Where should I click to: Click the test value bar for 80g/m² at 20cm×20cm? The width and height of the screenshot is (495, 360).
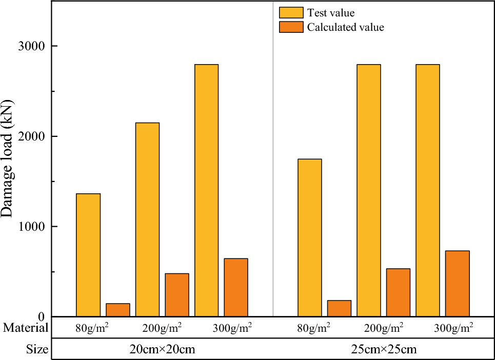point(88,255)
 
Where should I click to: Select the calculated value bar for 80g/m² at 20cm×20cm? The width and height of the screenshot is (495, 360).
point(117,310)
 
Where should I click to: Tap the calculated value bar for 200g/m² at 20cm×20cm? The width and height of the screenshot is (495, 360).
point(177,295)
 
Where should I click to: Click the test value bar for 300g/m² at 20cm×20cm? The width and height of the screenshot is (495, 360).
point(206,190)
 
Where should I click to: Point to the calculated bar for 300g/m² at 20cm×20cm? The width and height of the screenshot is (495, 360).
point(236,287)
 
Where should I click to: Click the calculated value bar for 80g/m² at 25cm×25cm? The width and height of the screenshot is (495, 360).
point(339,308)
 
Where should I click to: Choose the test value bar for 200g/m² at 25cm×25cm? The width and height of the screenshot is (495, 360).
point(369,190)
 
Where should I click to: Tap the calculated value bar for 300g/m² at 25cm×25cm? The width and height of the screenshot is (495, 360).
point(457,284)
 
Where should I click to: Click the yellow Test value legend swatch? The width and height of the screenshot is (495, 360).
point(291,13)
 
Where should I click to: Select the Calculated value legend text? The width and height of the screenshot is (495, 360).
point(345,27)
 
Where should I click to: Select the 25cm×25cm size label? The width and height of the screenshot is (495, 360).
point(383,350)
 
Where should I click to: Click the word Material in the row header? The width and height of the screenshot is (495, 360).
point(25,327)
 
